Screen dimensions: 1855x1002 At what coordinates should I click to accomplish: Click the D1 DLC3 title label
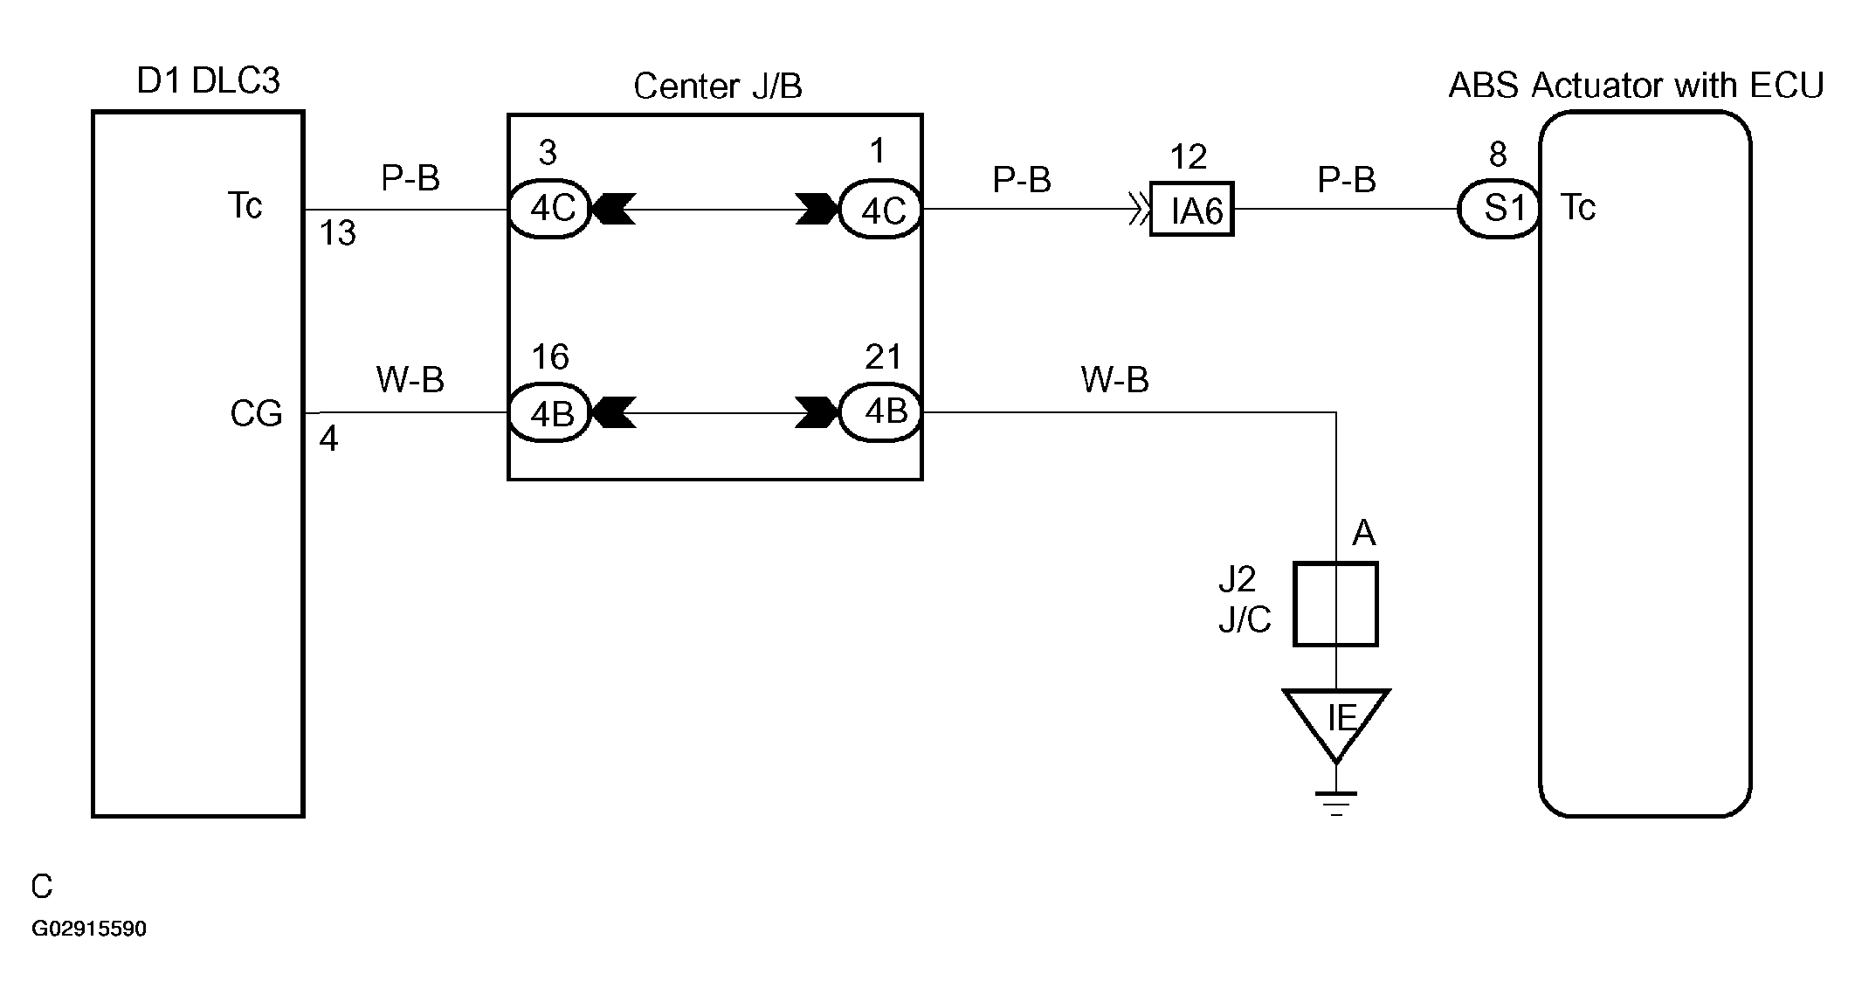click(x=209, y=81)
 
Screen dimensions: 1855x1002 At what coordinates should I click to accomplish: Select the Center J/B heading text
click(x=717, y=86)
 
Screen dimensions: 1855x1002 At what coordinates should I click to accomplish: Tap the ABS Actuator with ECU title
click(x=1636, y=86)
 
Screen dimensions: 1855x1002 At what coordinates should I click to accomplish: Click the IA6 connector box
click(x=1191, y=210)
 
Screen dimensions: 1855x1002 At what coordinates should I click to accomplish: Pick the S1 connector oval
click(x=1499, y=210)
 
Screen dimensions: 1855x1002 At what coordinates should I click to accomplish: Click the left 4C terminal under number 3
click(x=550, y=210)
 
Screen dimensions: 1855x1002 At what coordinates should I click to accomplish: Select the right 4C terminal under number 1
click(x=880, y=210)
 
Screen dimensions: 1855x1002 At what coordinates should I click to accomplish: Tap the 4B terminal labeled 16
click(x=550, y=412)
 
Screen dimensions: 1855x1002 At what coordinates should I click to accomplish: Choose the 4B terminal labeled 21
click(x=880, y=412)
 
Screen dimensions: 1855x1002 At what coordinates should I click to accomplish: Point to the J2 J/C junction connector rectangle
click(x=1335, y=605)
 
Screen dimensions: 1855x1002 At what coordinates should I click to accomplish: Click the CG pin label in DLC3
click(x=256, y=413)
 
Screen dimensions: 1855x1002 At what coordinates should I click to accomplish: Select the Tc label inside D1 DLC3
click(x=245, y=206)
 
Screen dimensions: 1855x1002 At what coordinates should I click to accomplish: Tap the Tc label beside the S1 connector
click(x=1577, y=208)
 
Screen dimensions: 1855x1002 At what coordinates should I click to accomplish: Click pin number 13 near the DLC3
click(x=337, y=234)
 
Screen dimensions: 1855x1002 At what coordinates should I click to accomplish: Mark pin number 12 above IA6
click(x=1188, y=157)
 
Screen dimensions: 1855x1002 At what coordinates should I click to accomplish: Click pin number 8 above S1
click(x=1498, y=155)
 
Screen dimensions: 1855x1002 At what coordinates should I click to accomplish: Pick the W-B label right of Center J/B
click(x=1114, y=380)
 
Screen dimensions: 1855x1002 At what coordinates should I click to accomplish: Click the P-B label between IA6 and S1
click(x=1347, y=180)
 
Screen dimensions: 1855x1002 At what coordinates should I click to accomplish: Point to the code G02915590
click(x=89, y=929)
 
